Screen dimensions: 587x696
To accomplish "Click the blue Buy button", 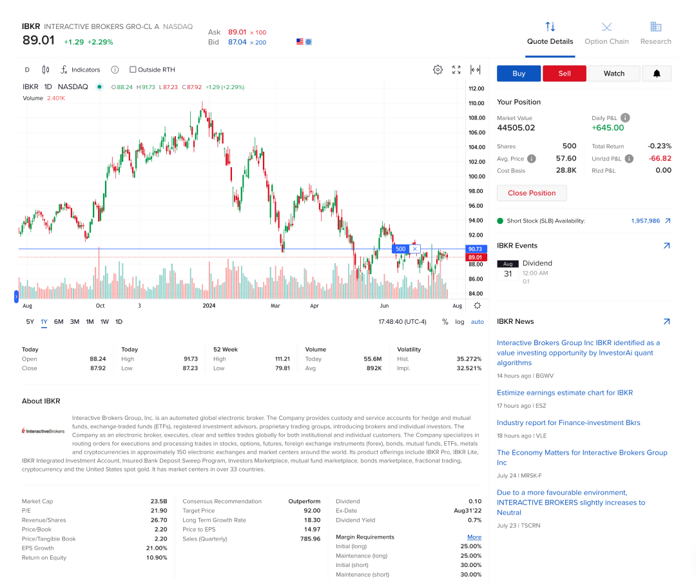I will pyautogui.click(x=519, y=74).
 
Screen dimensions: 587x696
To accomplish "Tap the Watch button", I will pyautogui.click(x=614, y=74).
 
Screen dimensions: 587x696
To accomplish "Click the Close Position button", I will pyautogui.click(x=531, y=193).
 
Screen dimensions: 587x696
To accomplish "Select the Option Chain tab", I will pyautogui.click(x=606, y=34).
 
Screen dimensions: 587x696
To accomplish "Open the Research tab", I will pyautogui.click(x=655, y=34).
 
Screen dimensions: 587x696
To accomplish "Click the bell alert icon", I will pyautogui.click(x=657, y=74).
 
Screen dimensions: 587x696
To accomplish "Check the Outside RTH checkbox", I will pyautogui.click(x=133, y=70).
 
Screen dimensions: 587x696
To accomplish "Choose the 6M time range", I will pyautogui.click(x=59, y=322).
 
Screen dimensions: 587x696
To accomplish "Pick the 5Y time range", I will pyautogui.click(x=30, y=322).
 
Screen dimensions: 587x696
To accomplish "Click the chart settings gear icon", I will pyautogui.click(x=438, y=70).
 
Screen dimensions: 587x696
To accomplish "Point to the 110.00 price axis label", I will pyautogui.click(x=476, y=103).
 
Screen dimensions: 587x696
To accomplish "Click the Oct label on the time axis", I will pyautogui.click(x=100, y=306).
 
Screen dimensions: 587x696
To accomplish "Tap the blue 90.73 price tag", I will pyautogui.click(x=476, y=249).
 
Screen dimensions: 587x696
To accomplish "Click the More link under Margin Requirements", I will pyautogui.click(x=474, y=537).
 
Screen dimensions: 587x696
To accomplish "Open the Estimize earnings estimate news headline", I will pyautogui.click(x=565, y=393).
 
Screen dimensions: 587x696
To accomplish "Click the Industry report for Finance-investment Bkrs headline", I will pyautogui.click(x=568, y=423).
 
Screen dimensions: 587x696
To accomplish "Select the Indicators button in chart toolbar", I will pyautogui.click(x=80, y=70).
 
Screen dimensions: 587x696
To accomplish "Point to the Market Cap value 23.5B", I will pyautogui.click(x=159, y=501).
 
